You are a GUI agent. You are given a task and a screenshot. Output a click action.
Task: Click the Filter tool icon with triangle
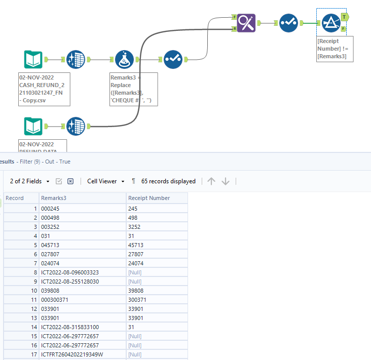coord(331,23)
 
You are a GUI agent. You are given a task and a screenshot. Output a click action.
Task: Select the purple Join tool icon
coord(246,23)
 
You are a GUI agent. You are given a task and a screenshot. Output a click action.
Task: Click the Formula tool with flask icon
coord(125,60)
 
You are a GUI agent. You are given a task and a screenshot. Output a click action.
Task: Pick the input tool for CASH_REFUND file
coord(33,60)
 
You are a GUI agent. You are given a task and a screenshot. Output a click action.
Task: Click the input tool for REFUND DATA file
coord(33,126)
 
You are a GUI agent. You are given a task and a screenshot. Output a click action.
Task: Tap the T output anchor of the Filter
coord(345,17)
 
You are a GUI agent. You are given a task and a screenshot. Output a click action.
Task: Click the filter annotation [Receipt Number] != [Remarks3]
coord(335,49)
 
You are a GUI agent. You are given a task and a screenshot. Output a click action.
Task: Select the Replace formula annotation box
coord(134,89)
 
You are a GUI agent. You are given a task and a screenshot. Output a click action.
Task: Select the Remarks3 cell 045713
coord(50,245)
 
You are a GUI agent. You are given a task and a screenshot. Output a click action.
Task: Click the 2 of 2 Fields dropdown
coord(30,181)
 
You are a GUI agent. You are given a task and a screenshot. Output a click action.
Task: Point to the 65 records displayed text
coord(168,181)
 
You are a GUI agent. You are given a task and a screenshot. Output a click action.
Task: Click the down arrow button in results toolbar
coord(226,181)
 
